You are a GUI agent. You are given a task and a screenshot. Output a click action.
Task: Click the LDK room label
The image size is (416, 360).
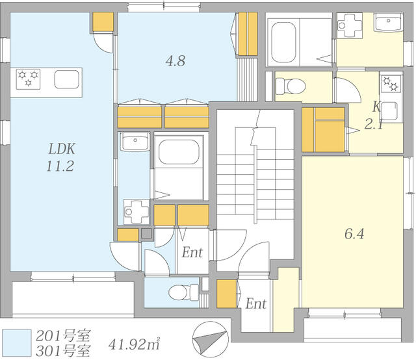(x=62, y=149)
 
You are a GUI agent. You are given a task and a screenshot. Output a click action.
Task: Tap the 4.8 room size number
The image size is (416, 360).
(x=175, y=61)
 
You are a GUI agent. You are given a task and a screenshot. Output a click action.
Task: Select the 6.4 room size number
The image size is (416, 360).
(x=354, y=234)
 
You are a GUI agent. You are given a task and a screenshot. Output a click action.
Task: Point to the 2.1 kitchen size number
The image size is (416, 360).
(x=374, y=124)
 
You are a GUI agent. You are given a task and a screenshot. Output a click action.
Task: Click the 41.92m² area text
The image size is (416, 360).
(x=135, y=344)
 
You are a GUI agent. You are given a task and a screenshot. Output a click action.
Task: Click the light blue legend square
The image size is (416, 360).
(x=17, y=342)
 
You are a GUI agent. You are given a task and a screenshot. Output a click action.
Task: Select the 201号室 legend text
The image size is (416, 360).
(x=63, y=336)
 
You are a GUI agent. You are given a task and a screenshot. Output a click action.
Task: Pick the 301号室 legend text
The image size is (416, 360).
(x=63, y=351)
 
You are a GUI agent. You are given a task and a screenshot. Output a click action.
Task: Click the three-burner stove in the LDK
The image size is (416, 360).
(x=28, y=79)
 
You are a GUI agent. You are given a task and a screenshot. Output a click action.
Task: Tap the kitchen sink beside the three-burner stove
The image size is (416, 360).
(x=66, y=79)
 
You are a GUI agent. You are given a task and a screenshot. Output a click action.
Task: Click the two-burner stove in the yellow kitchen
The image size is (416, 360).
(x=391, y=84)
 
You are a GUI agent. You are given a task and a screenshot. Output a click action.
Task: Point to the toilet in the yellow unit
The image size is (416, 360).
(x=291, y=86)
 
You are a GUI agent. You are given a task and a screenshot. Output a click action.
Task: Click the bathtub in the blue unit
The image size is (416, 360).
(x=179, y=152)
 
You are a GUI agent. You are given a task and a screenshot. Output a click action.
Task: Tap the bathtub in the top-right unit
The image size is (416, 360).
(x=283, y=42)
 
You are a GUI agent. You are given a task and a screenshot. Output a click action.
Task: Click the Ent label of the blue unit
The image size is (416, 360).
(x=192, y=252)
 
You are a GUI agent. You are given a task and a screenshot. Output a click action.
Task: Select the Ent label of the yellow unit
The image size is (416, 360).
(x=255, y=303)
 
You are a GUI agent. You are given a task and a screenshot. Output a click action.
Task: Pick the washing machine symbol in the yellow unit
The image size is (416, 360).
(x=350, y=25)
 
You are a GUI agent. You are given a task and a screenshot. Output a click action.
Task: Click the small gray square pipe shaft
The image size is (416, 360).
(x=146, y=233)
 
